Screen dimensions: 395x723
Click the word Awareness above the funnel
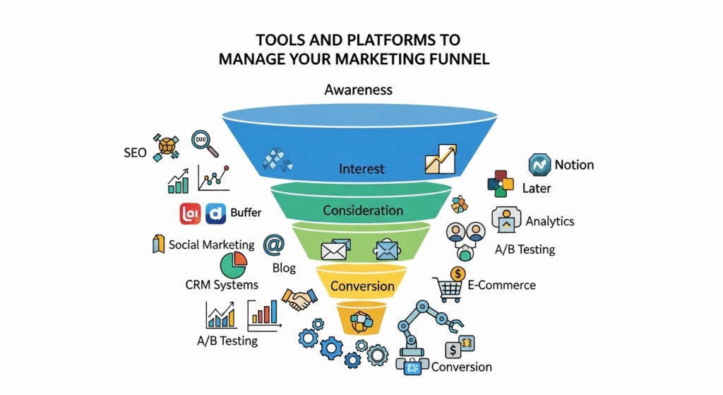358,90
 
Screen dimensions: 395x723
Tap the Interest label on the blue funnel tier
361,169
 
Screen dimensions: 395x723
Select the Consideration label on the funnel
363,211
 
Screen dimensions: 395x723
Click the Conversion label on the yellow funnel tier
362,286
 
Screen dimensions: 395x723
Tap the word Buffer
246,212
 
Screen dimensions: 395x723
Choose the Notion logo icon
539,165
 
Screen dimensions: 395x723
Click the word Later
537,189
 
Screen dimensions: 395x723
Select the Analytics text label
550,221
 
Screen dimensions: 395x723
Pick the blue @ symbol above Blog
273,244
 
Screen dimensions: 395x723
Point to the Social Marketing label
211,244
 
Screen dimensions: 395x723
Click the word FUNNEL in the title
455,59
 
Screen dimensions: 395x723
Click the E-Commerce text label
502,285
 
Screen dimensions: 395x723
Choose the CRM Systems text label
222,285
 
